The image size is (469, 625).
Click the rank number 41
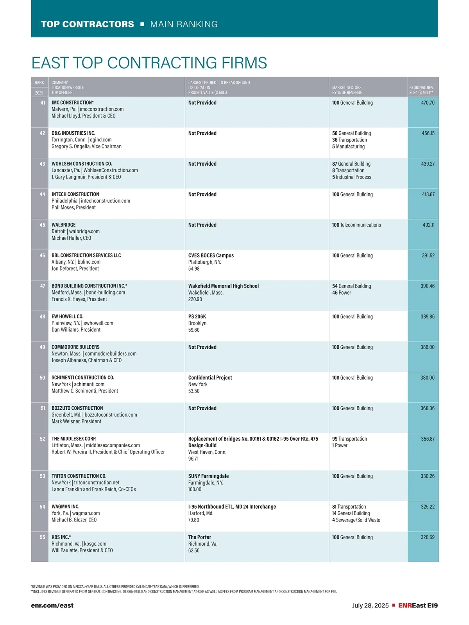43,103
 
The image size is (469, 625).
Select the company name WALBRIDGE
64,225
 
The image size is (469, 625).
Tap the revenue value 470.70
428,103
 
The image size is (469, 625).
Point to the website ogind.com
101,140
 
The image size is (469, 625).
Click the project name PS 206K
197,317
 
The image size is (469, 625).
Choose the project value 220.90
195,299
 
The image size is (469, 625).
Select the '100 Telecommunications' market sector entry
356,225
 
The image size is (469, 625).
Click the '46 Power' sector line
342,293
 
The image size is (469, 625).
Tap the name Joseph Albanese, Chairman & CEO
86,360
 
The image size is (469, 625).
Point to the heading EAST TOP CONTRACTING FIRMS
149,63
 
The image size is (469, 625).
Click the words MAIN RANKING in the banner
184,24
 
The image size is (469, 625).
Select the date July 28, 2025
370,605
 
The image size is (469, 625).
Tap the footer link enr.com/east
52,605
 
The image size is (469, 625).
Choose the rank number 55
43,537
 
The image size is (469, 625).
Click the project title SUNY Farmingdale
208,476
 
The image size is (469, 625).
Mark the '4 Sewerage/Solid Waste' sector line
356,520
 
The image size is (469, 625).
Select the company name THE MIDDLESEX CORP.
74,439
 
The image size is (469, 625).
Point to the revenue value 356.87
428,439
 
